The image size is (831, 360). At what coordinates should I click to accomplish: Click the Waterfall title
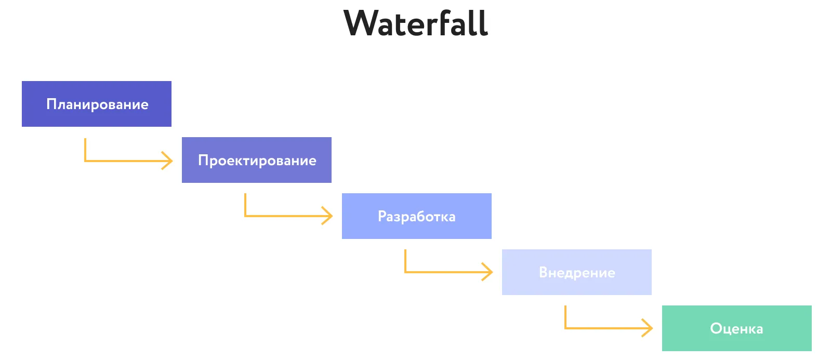(x=416, y=23)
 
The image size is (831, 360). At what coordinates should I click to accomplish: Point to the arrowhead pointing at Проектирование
(x=169, y=161)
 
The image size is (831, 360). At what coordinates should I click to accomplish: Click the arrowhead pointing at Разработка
(x=329, y=216)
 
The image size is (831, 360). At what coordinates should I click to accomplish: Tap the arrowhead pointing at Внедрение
(x=489, y=272)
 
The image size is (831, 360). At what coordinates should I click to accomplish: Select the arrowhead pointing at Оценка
(x=649, y=328)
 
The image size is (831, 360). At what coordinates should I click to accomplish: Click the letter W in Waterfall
(x=362, y=23)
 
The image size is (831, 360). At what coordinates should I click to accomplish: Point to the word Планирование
(x=97, y=104)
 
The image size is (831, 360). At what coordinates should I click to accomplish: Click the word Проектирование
(x=257, y=161)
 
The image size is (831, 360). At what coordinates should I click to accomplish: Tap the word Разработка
(x=416, y=217)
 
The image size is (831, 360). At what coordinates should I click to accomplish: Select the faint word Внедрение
(x=577, y=273)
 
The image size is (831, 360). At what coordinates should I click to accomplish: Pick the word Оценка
(x=736, y=329)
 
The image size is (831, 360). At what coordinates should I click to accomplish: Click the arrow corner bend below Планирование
(x=85, y=161)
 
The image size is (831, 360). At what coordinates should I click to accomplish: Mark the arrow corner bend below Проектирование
(x=245, y=216)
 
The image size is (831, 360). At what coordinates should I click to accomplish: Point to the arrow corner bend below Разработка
(x=405, y=272)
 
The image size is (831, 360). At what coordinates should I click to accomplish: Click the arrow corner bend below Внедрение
(x=565, y=328)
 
